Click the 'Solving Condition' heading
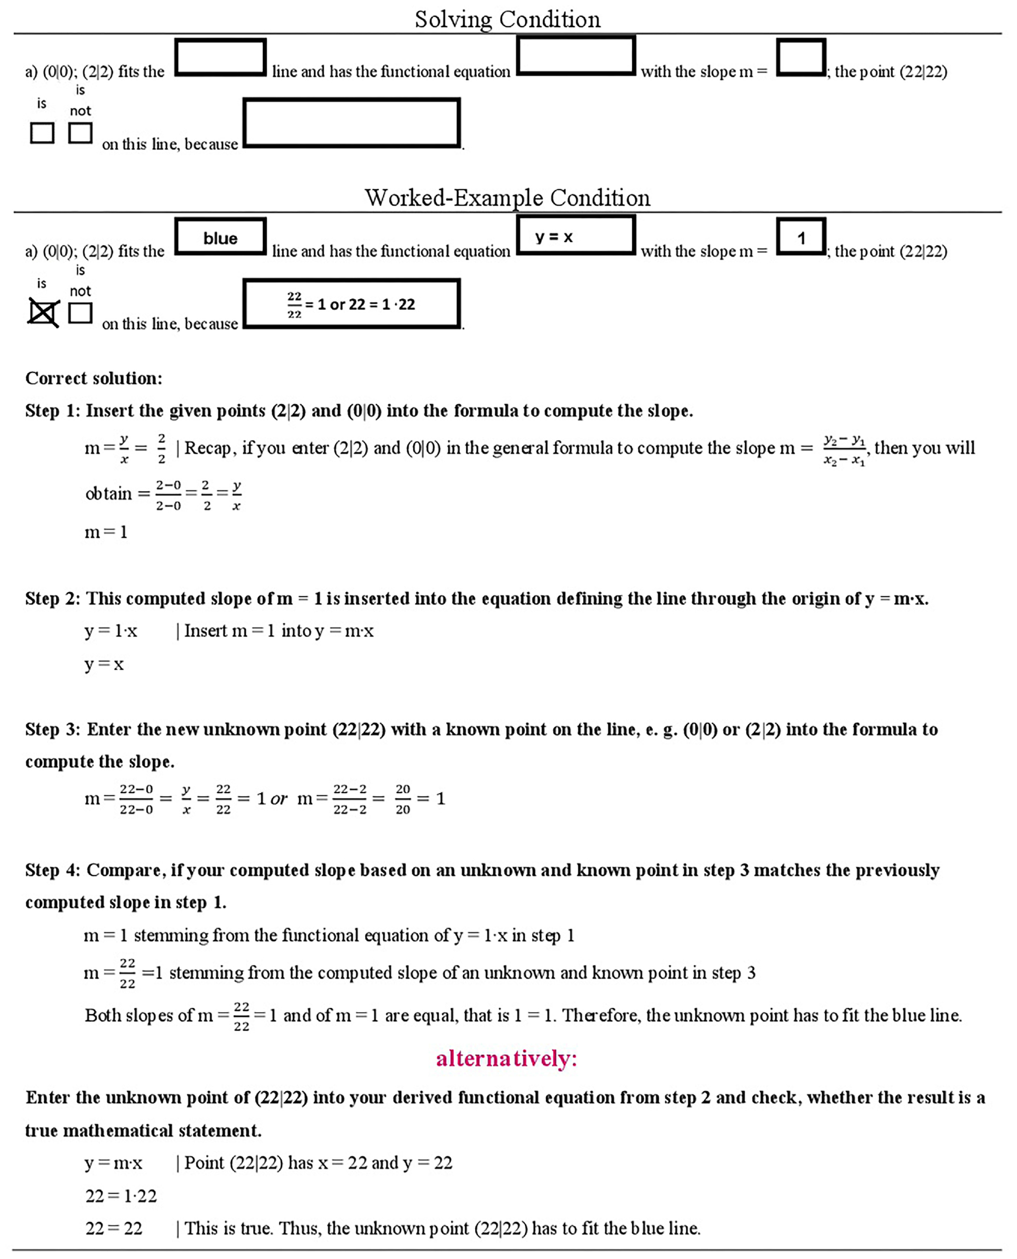point(507,19)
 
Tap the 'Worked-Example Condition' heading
point(507,198)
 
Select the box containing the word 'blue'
point(221,237)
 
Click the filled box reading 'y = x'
point(576,236)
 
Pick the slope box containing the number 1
point(801,237)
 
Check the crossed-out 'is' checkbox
point(43,312)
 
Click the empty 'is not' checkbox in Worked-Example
point(80,312)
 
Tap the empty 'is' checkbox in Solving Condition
point(42,133)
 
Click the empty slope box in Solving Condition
point(801,57)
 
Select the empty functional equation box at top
point(576,56)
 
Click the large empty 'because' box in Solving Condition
point(351,123)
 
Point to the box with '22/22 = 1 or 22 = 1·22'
point(351,304)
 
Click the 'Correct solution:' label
point(94,379)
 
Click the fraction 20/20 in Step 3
point(402,799)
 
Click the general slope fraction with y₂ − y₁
point(844,449)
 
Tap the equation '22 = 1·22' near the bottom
point(121,1196)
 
